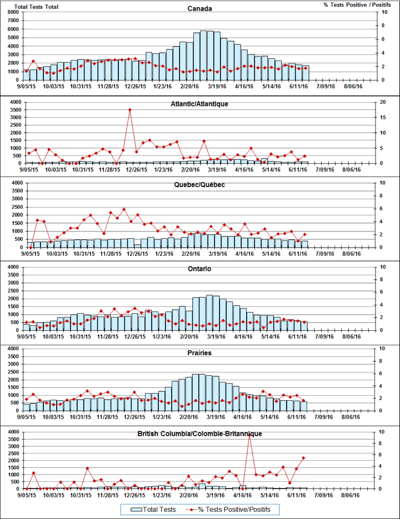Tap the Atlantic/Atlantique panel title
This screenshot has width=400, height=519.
[199, 104]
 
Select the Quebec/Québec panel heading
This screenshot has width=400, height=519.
[199, 185]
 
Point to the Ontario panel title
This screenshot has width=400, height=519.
[199, 269]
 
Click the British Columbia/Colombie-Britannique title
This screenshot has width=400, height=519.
[199, 434]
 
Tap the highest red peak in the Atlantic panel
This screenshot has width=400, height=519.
[130, 110]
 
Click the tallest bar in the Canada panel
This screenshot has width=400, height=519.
[204, 54]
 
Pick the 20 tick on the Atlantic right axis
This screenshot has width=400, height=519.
[379, 102]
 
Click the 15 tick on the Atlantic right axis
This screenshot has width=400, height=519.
[379, 118]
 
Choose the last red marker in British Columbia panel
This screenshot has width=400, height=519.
[303, 458]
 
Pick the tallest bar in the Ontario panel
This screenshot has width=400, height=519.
[209, 313]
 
